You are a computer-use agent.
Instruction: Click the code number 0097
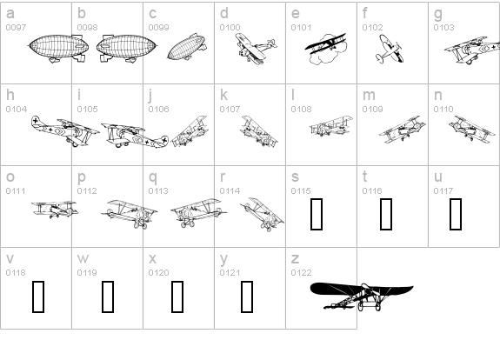point(16,28)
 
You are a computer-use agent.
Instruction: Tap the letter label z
point(295,258)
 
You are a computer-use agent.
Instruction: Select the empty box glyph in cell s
point(317,214)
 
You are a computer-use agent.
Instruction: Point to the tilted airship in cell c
point(187,47)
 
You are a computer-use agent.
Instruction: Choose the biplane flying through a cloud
point(325,49)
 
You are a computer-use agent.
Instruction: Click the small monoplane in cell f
point(389,49)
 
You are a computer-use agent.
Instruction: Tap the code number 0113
point(158,191)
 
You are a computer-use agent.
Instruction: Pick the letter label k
point(223,95)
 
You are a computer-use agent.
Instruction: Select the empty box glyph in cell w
point(108,297)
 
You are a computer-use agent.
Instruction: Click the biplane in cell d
point(256,49)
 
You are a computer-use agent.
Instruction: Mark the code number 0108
point(301,109)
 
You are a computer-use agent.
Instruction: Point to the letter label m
point(369,96)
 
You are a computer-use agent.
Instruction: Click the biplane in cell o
point(55,210)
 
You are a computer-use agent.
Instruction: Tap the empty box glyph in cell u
point(456,214)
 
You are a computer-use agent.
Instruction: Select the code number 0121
point(230,273)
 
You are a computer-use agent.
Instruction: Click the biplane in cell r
point(262,214)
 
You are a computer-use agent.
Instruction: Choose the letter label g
point(437,15)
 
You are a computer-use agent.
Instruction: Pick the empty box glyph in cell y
point(247,297)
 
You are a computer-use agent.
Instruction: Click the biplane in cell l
point(331,126)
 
